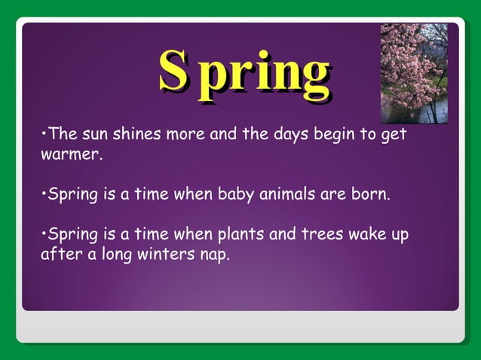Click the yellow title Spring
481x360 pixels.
point(244,74)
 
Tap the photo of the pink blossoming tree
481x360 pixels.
point(414,73)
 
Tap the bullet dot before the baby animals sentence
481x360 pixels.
point(43,195)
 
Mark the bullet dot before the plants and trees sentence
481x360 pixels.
point(43,233)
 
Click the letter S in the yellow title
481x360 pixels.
point(173,72)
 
